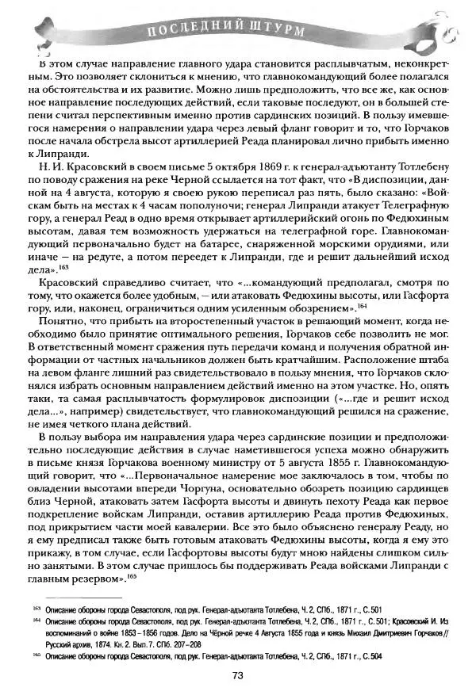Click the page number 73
[236, 675]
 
